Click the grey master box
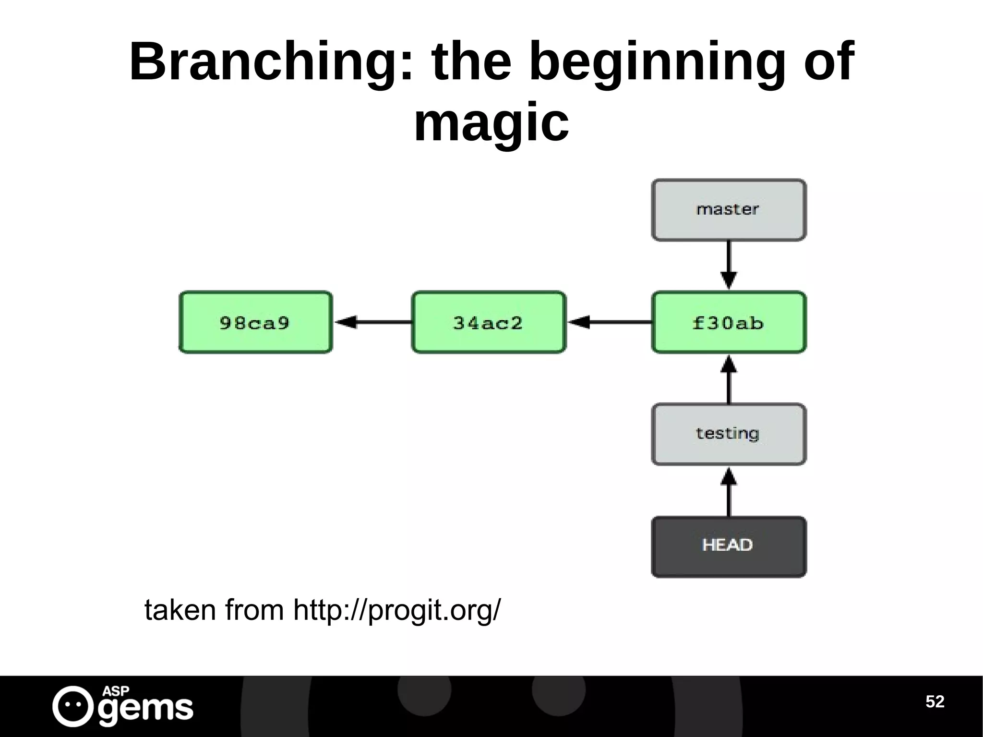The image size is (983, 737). point(728,210)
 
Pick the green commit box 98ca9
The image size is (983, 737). point(255,322)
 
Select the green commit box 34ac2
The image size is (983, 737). point(488,322)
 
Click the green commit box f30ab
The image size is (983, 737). point(728,322)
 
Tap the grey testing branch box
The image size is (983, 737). point(728,434)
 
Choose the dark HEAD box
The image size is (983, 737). point(728,546)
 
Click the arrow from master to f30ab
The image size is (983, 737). point(729,265)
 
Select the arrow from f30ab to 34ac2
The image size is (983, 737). point(609,322)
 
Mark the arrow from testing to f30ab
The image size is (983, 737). point(729,379)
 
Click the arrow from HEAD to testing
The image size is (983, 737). point(729,492)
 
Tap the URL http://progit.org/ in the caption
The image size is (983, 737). point(396,611)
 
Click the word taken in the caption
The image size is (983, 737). point(180,611)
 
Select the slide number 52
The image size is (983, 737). point(935,701)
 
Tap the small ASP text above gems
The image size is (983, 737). point(116,690)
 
